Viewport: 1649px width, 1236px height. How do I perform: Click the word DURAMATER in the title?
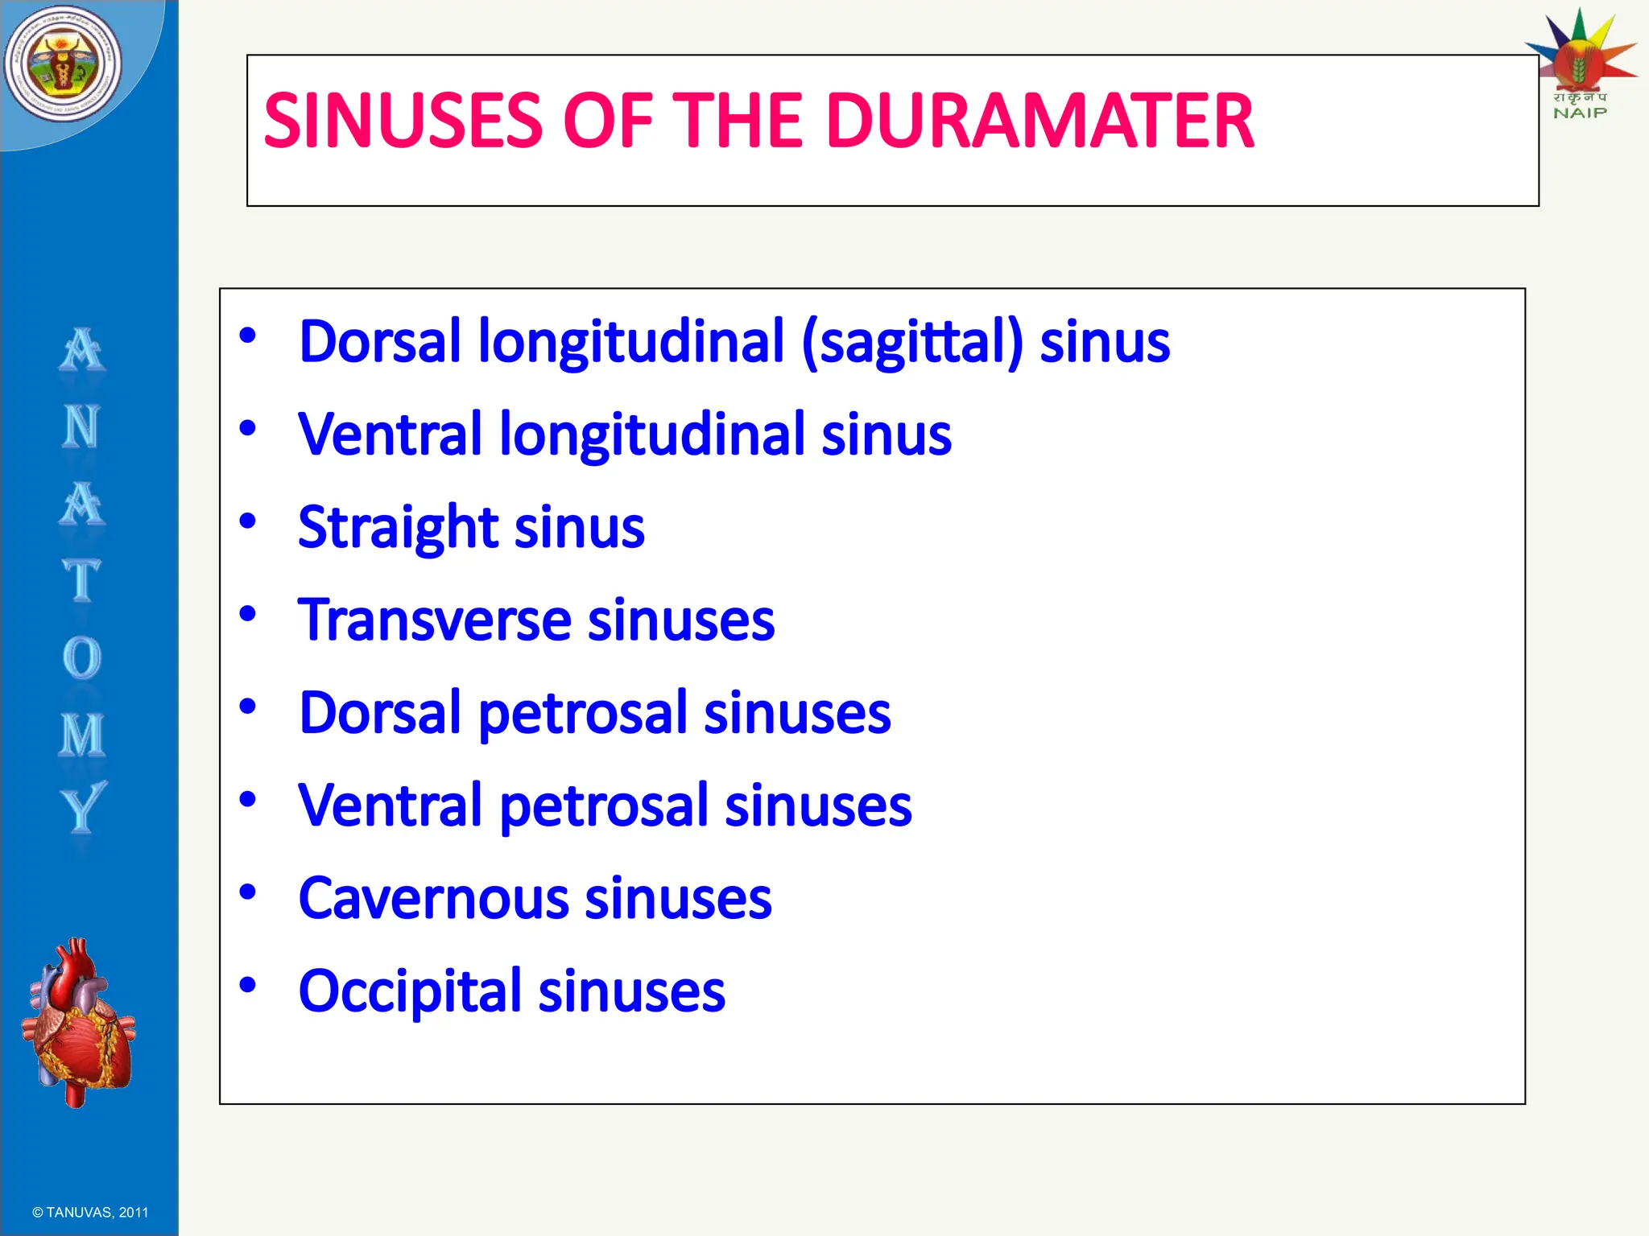click(x=1039, y=121)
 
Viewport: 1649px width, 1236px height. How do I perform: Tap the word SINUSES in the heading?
click(x=403, y=121)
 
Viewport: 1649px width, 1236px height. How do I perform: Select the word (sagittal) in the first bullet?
click(x=912, y=342)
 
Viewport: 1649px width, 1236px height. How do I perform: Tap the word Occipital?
click(x=410, y=991)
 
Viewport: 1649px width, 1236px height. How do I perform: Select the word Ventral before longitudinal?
click(x=390, y=435)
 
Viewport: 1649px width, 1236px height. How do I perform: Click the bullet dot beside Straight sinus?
click(x=248, y=521)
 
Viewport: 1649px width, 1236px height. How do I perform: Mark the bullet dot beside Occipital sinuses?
click(x=248, y=984)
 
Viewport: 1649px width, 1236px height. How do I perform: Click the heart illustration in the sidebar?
click(x=80, y=1022)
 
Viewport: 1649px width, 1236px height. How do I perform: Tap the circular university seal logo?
click(x=63, y=64)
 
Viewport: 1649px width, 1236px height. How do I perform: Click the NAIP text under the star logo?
click(x=1580, y=113)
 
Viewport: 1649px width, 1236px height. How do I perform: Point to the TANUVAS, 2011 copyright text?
click(x=90, y=1212)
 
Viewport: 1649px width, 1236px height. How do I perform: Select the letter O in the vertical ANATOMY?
click(x=82, y=657)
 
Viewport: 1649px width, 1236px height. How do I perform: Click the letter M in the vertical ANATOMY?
click(x=82, y=735)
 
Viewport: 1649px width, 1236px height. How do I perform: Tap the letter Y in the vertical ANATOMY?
click(x=82, y=807)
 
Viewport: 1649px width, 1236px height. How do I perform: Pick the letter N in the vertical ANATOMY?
click(x=82, y=426)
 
